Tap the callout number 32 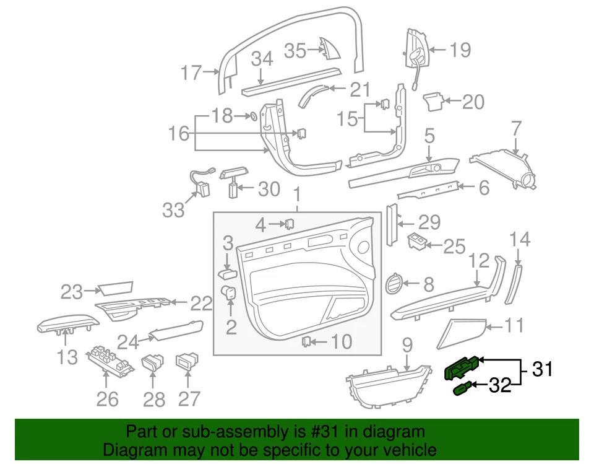pos(501,387)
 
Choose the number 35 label pos(295,51)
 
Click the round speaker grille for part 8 pos(393,284)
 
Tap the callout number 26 pos(107,399)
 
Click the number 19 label pos(460,50)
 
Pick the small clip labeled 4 pos(289,222)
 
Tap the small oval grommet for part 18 pos(252,116)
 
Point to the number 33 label pos(174,210)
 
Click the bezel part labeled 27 pos(186,360)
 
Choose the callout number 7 pos(516,131)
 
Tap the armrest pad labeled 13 pos(67,323)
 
